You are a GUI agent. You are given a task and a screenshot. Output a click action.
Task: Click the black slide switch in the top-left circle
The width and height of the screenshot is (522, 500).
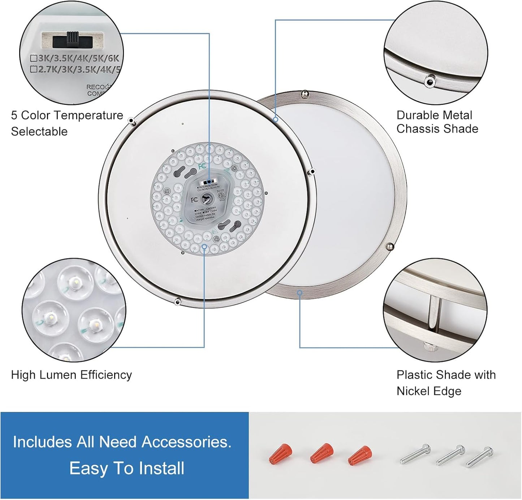coord(72,40)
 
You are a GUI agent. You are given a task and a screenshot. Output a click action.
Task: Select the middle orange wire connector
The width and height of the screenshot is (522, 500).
coord(321,453)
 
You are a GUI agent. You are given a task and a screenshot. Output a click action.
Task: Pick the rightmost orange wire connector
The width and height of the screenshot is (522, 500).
coord(360,455)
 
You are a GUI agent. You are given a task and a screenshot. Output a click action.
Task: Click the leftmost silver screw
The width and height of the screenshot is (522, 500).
coord(415,454)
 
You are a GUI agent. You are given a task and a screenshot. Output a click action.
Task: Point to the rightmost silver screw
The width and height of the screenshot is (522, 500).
coord(479,457)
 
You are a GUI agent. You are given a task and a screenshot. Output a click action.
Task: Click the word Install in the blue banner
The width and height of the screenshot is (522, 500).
coord(161,469)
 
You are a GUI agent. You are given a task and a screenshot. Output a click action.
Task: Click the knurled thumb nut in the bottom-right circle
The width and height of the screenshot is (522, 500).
coord(431,347)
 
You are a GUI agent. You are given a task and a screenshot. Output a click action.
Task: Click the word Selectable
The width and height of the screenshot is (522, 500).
coord(39,132)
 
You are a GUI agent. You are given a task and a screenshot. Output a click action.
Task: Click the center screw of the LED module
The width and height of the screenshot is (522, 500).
coord(207,198)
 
